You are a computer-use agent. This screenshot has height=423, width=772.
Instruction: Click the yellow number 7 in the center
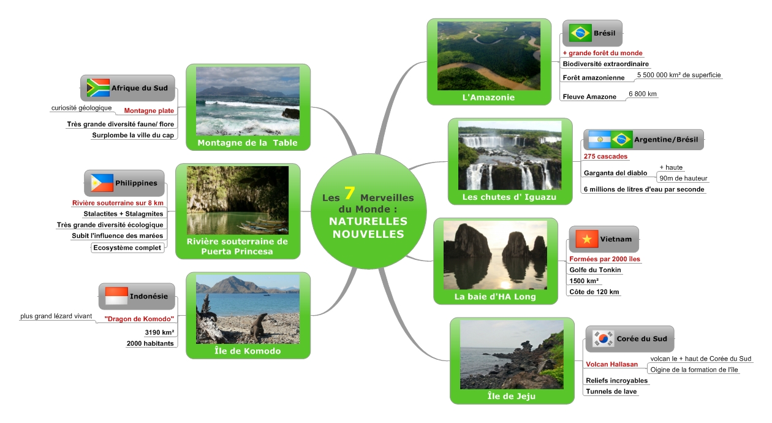349,192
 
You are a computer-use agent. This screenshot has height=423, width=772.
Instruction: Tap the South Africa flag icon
98,88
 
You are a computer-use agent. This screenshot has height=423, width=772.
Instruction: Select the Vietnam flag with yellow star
586,239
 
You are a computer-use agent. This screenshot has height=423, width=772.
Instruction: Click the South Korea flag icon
603,338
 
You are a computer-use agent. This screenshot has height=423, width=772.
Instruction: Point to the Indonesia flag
116,296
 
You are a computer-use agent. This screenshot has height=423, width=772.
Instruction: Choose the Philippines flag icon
102,183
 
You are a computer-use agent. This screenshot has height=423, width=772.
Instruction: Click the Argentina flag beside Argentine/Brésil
600,140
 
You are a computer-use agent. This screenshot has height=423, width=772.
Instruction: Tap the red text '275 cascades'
605,156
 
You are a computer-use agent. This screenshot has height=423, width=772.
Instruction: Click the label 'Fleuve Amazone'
589,97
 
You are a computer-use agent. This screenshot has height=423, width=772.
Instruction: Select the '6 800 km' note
642,94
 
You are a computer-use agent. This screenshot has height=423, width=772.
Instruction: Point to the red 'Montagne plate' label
149,111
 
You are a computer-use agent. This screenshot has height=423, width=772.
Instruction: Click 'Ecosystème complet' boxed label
127,248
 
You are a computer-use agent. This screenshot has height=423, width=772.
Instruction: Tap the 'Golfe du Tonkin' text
595,270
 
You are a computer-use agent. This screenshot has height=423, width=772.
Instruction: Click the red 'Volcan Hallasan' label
611,364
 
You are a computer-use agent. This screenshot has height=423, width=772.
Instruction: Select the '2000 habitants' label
150,343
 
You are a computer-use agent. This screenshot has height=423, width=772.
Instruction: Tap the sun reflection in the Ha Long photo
505,284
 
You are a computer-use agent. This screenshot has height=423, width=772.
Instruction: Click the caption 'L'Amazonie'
488,97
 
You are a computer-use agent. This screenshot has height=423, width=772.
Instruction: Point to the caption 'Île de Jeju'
512,396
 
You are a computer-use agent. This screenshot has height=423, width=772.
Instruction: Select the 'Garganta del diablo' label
615,173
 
